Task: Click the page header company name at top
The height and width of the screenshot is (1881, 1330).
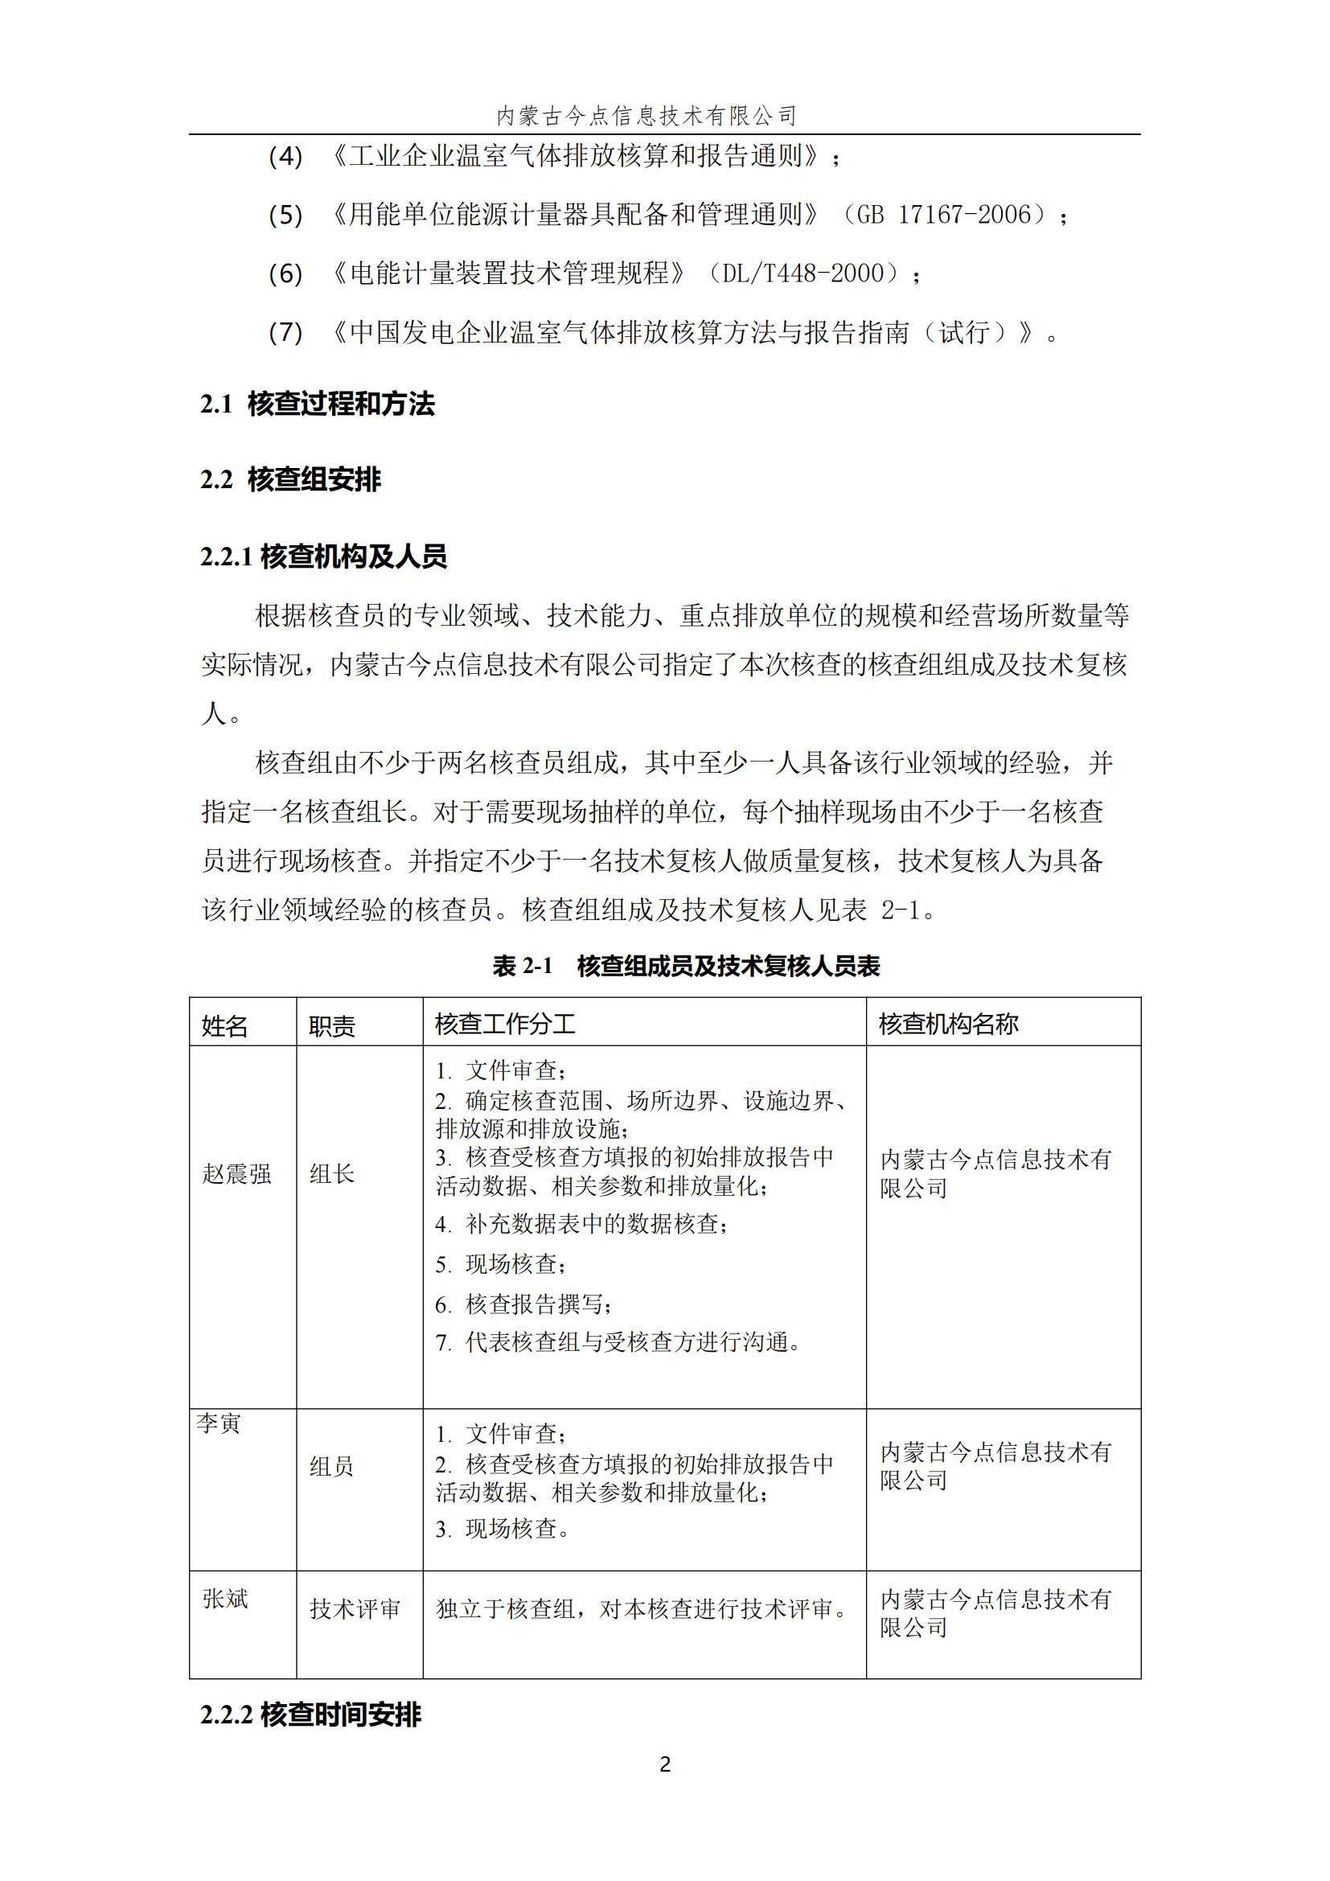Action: [x=647, y=117]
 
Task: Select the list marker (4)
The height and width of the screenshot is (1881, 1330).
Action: [x=285, y=156]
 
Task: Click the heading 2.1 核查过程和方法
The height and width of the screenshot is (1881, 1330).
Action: [x=318, y=404]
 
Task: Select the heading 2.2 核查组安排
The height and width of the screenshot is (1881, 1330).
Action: [x=291, y=479]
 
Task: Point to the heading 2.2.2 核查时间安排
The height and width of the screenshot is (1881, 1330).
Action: [x=310, y=1715]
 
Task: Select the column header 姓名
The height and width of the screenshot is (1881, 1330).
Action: [x=224, y=1025]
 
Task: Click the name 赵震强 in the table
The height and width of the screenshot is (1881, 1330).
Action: [x=236, y=1174]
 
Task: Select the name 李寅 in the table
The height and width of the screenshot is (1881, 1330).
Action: [x=219, y=1423]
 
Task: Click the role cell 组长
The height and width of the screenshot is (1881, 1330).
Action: [x=331, y=1174]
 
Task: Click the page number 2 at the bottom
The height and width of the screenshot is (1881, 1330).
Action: [x=664, y=1764]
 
